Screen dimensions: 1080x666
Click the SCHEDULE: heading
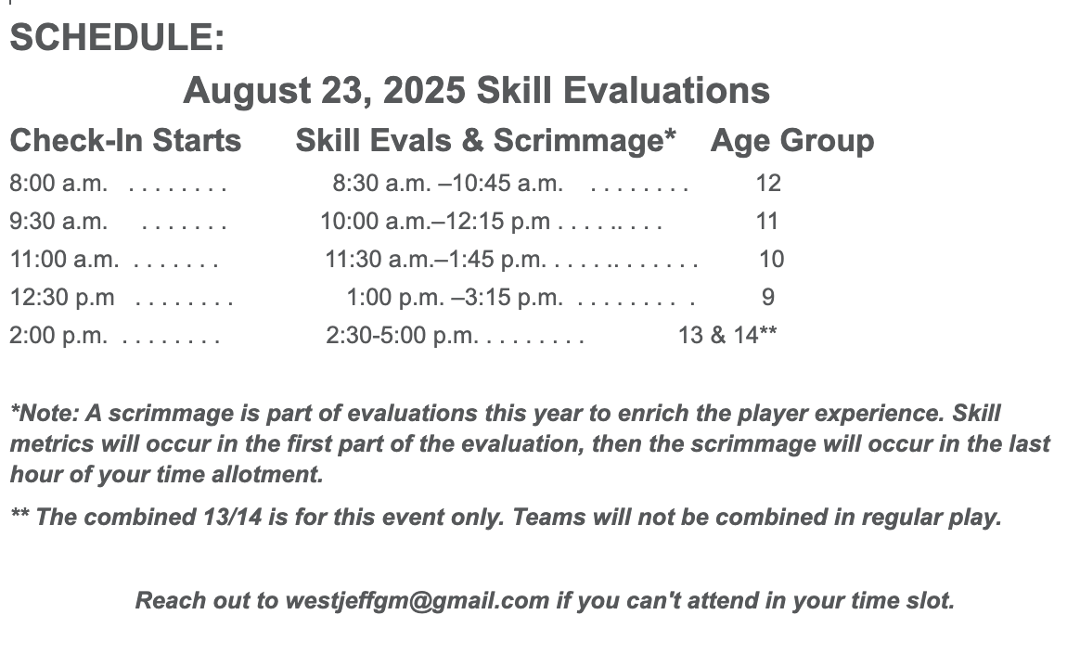[x=117, y=37]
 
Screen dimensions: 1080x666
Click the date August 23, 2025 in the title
[x=324, y=91]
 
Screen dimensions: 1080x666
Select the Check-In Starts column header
[x=125, y=140]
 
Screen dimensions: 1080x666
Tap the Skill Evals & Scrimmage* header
[x=485, y=140]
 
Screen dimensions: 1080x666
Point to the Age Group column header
[x=792, y=141]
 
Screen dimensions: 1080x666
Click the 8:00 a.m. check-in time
[x=58, y=184]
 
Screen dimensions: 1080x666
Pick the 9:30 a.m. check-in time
[x=58, y=221]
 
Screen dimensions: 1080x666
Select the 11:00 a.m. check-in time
[x=64, y=259]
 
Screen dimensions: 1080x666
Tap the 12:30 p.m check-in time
[x=62, y=298]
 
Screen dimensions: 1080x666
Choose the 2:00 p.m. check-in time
[x=58, y=336]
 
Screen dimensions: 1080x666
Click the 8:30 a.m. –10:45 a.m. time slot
[x=448, y=184]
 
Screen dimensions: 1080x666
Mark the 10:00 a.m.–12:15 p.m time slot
[x=435, y=221]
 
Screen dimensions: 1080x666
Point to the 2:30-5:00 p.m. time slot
[x=402, y=336]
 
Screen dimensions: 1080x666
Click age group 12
[x=768, y=184]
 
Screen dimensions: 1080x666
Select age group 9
[x=768, y=298]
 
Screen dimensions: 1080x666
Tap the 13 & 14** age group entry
[x=727, y=336]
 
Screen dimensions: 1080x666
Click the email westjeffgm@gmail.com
[x=417, y=600]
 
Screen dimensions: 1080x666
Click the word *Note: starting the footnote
[x=45, y=414]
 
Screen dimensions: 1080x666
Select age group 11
[x=767, y=221]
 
